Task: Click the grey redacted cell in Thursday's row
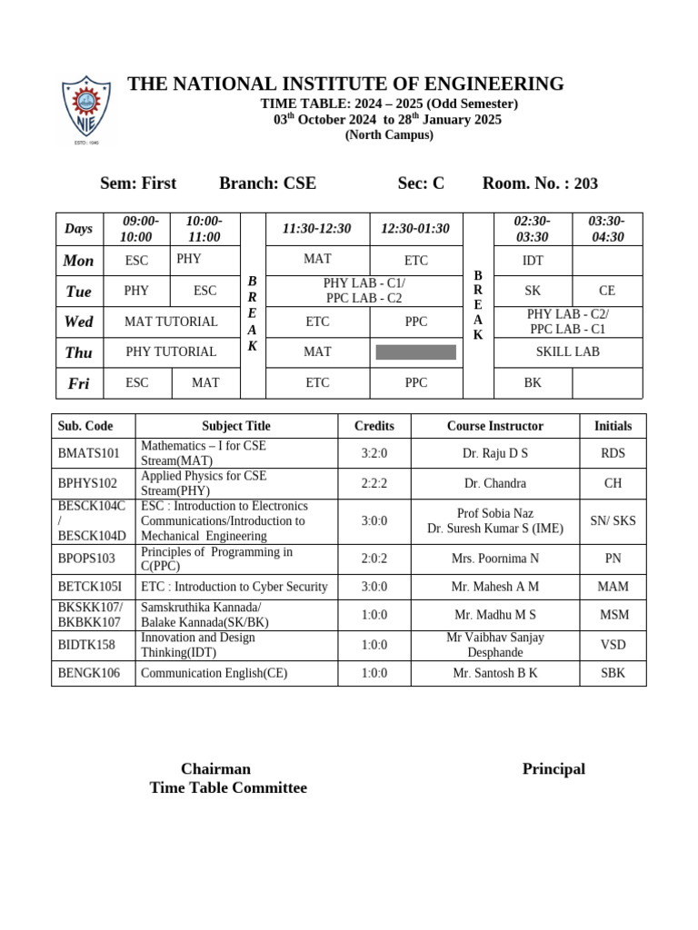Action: pyautogui.click(x=415, y=352)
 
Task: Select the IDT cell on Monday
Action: pyautogui.click(x=533, y=261)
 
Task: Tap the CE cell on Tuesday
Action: pyautogui.click(x=606, y=291)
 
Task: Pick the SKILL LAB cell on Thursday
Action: pyautogui.click(x=567, y=351)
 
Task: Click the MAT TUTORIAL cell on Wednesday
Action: pyautogui.click(x=171, y=322)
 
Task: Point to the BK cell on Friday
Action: pyautogui.click(x=533, y=383)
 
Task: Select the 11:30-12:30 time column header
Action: pyautogui.click(x=316, y=229)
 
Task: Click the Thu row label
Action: pyautogui.click(x=79, y=352)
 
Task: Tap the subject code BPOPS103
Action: pyautogui.click(x=87, y=559)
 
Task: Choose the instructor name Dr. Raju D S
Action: pyautogui.click(x=494, y=453)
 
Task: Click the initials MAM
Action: pyautogui.click(x=613, y=587)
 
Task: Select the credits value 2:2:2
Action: pyautogui.click(x=374, y=483)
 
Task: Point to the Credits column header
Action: pyautogui.click(x=374, y=426)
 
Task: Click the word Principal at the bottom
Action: pyautogui.click(x=553, y=769)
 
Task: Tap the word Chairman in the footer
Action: pyautogui.click(x=215, y=769)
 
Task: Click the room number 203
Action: pyautogui.click(x=586, y=183)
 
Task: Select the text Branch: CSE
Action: pyautogui.click(x=267, y=183)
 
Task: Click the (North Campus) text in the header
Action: pyautogui.click(x=389, y=135)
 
